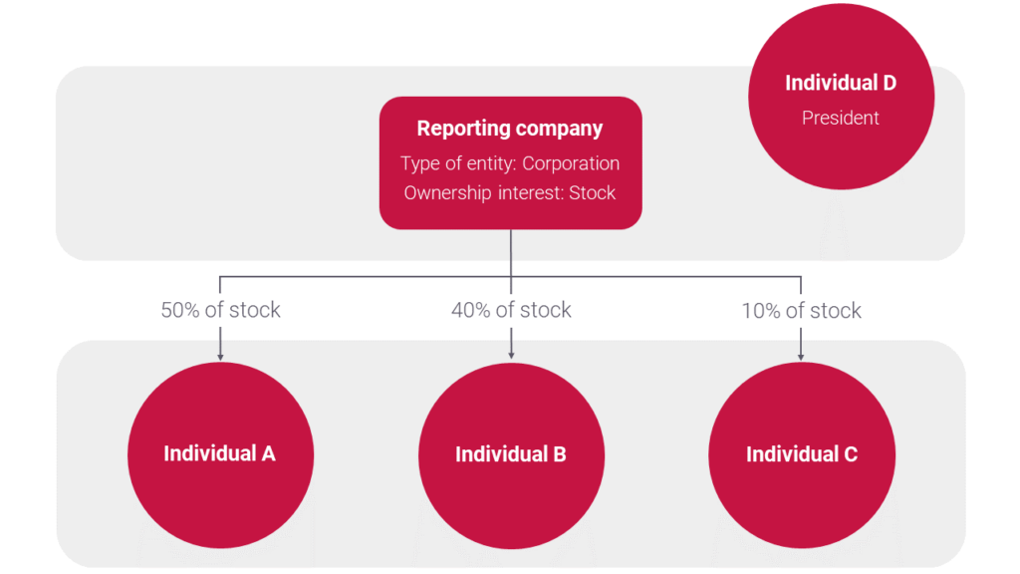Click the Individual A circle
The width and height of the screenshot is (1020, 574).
pos(220,454)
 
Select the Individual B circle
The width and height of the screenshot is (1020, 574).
pos(511,454)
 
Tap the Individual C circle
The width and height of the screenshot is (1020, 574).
pos(802,454)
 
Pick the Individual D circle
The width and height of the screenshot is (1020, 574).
pos(841,98)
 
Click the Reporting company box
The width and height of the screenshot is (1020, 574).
pos(510,162)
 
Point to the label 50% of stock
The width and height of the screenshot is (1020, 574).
pos(220,310)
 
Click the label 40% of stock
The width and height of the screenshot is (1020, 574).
pos(511,310)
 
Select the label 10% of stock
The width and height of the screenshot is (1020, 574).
pos(802,310)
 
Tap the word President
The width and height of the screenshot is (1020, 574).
pos(841,118)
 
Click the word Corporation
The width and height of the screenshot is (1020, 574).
pos(571,163)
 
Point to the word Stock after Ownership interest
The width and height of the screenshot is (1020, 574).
pos(593,192)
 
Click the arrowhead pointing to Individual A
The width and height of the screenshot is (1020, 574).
pos(220,355)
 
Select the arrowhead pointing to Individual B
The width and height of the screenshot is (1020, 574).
pos(511,355)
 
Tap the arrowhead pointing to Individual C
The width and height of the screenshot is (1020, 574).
pos(802,355)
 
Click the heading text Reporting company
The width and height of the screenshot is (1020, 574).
pos(510,129)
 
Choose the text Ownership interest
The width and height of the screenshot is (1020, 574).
pos(482,192)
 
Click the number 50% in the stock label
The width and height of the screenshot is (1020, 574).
pos(180,310)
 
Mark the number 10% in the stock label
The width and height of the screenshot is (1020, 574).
pos(761,310)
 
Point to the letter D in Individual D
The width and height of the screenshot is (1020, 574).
pos(888,83)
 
